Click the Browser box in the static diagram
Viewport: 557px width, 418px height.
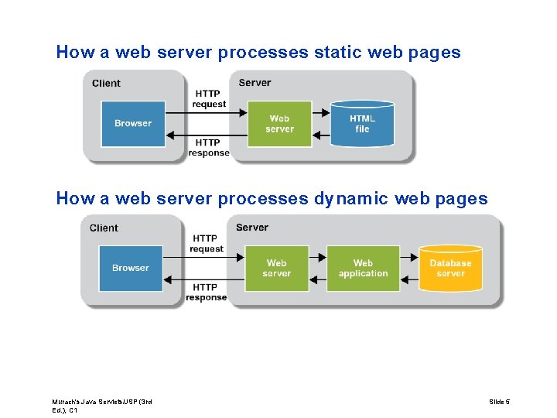click(133, 124)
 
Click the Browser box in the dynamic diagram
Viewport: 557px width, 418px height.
click(131, 269)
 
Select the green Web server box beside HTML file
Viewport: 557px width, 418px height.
click(279, 124)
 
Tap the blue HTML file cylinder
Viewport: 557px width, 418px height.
click(362, 124)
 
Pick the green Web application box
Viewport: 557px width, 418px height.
click(363, 269)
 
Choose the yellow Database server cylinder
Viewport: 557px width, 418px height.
click(450, 269)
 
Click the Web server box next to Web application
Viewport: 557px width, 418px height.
click(276, 269)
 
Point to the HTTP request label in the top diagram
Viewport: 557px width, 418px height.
click(209, 99)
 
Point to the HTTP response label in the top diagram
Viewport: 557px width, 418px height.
click(209, 148)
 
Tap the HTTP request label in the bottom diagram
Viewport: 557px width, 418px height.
click(206, 244)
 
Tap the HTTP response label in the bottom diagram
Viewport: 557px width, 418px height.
click(206, 293)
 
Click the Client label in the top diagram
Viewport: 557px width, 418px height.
click(106, 84)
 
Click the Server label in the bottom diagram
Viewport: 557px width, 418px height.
click(252, 228)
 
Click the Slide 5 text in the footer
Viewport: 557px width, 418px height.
click(500, 401)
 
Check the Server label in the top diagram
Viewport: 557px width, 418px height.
click(255, 83)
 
